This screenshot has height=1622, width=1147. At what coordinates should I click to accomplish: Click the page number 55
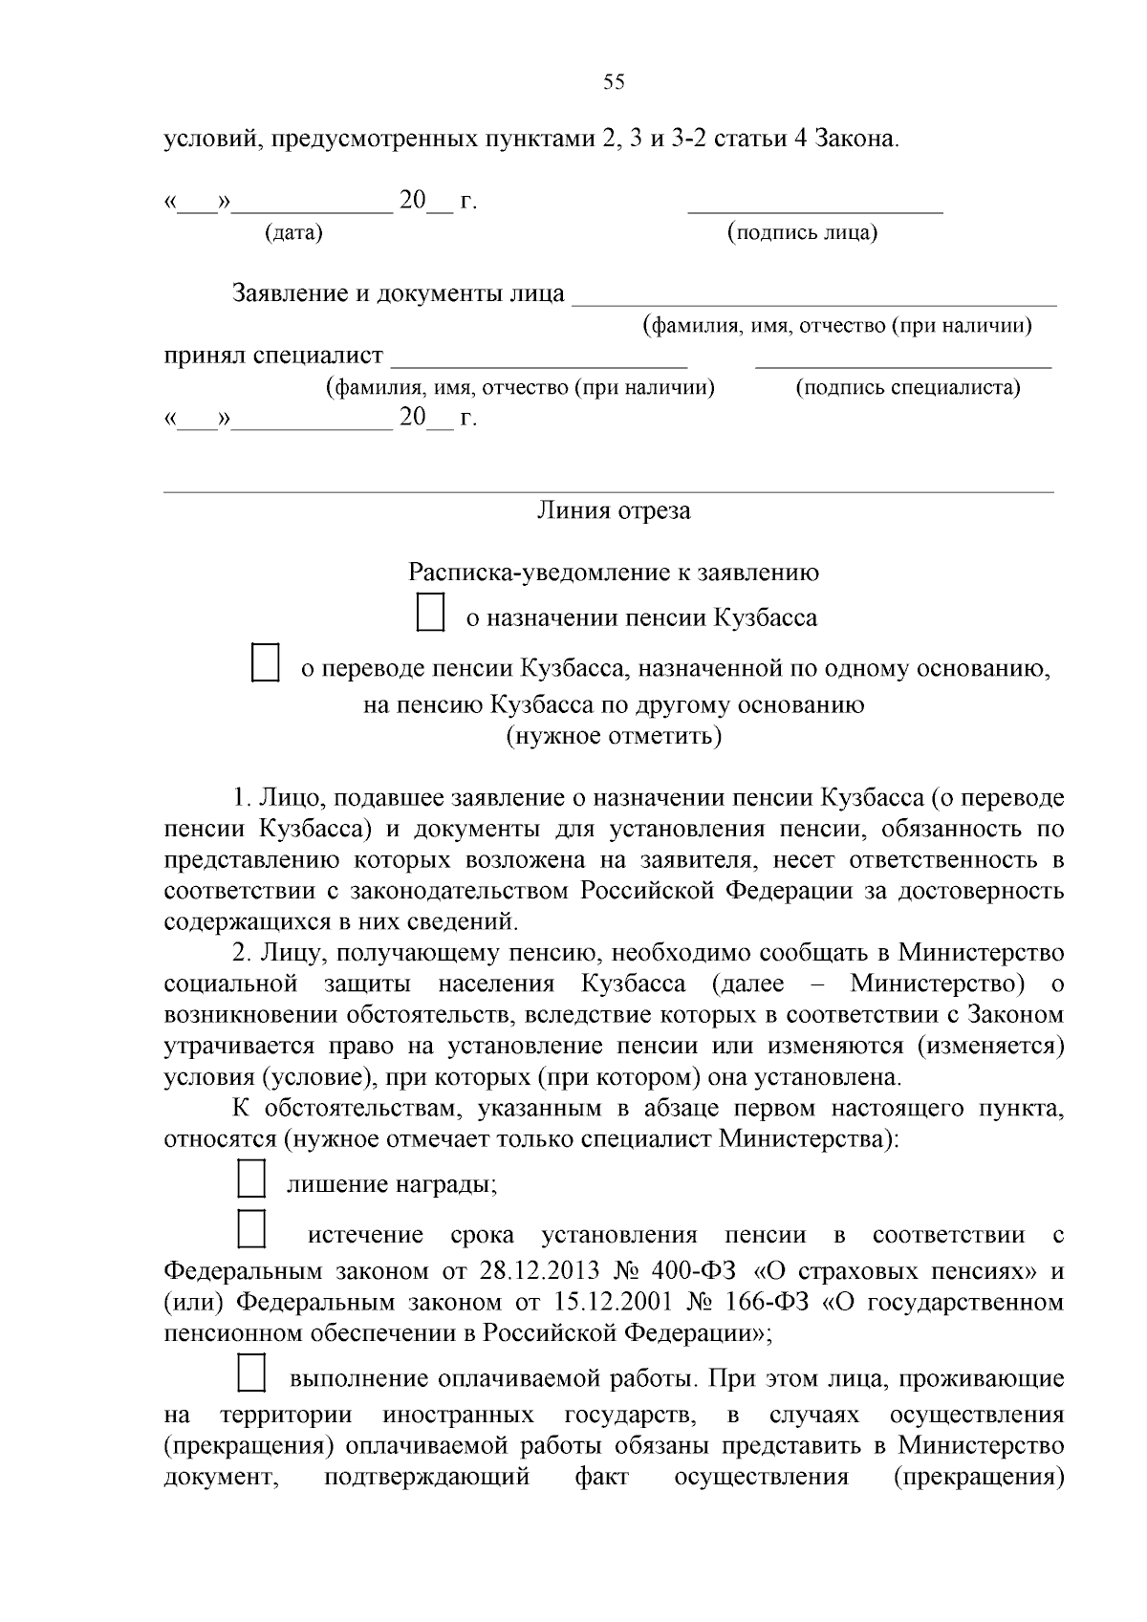pos(614,82)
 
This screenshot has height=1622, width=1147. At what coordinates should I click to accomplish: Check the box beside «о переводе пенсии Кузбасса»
pos(265,663)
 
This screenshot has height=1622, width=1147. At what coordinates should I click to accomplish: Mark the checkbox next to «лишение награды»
pos(250,1179)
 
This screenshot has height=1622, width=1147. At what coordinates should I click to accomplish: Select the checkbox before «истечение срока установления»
pos(250,1229)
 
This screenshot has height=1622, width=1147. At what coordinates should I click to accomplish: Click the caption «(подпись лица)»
pos(802,232)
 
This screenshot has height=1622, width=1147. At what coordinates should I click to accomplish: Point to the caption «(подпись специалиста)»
pos(907,388)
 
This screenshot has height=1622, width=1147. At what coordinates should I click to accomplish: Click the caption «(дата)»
pos(293,232)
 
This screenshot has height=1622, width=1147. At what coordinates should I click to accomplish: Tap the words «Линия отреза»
pos(614,510)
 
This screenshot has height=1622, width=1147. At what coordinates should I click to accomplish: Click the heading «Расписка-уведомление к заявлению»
pos(614,573)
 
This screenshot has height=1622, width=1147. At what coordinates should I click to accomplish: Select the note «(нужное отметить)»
pos(614,736)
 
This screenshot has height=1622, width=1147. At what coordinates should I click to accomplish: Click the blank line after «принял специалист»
pos(540,364)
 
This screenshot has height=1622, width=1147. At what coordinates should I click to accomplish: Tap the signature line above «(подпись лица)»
pos(815,209)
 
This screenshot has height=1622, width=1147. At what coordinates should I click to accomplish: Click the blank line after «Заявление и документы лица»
pos(813,302)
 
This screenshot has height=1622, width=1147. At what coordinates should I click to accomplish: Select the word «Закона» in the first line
pos(856,139)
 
